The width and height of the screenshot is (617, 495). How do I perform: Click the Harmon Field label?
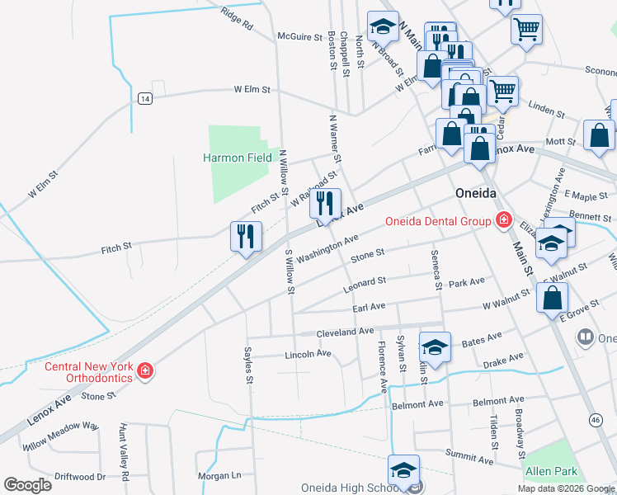[x=238, y=158]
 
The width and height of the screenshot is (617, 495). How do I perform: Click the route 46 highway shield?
[x=596, y=420]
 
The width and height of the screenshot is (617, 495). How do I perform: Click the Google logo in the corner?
[x=28, y=484]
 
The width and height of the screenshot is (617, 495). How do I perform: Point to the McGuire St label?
[x=299, y=36]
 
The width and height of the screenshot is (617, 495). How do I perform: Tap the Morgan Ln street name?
[x=219, y=476]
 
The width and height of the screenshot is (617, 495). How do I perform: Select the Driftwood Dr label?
[x=79, y=477]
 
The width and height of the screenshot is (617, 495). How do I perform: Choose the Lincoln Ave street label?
[x=307, y=354]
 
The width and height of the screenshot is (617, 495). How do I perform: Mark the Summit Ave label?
[x=468, y=455]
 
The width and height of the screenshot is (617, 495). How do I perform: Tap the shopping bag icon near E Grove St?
[x=552, y=298]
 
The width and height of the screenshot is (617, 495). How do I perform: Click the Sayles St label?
[x=247, y=365]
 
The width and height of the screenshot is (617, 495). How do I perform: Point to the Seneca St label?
[x=435, y=270]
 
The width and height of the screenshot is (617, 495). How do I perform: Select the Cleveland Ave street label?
[x=345, y=332]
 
